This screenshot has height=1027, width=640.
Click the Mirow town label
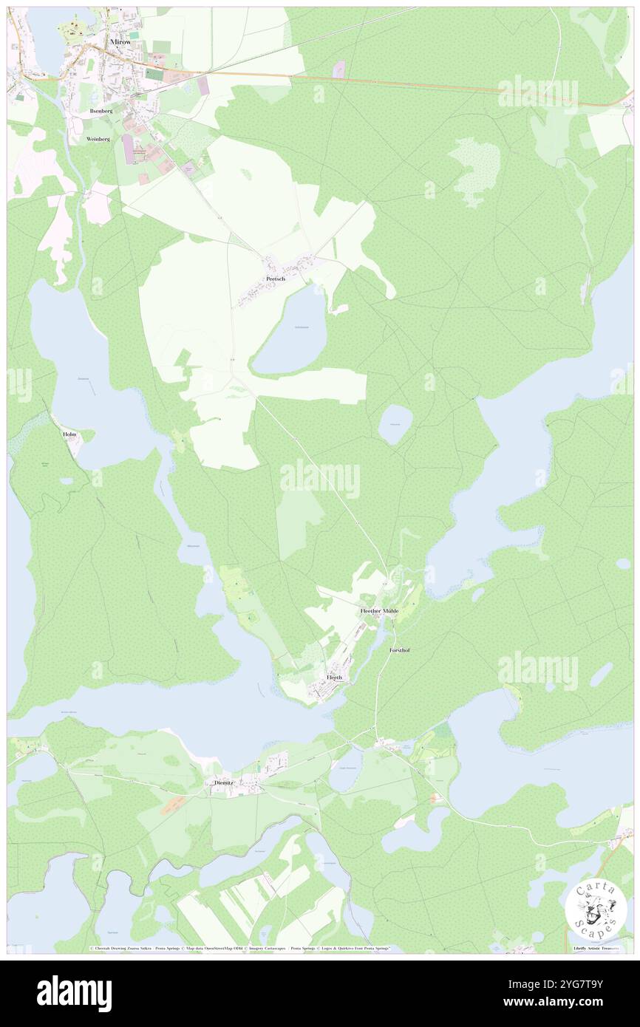point(120,43)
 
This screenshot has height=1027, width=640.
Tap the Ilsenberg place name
point(101,110)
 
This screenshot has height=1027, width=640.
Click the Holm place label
point(69,434)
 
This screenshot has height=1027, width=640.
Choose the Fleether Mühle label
point(379,611)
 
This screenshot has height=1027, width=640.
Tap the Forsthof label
point(399,650)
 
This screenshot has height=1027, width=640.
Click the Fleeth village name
point(335,677)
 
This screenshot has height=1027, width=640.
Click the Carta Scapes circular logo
point(596,910)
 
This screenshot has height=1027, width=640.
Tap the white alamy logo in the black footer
point(74,993)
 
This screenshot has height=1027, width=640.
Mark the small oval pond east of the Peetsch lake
point(395,425)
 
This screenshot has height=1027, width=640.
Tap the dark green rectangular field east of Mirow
point(154,74)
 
